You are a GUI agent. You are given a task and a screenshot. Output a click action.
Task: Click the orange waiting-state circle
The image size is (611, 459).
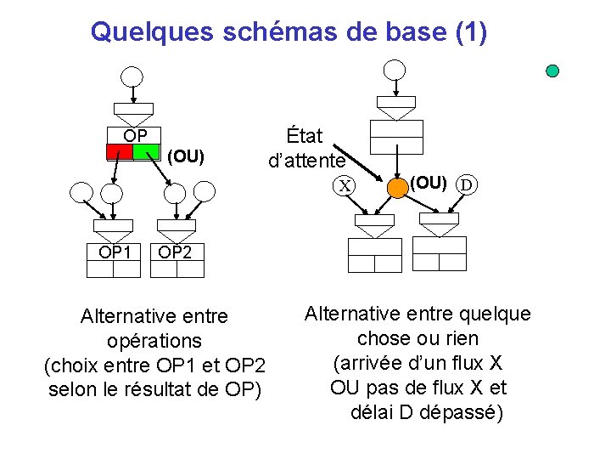(397, 186)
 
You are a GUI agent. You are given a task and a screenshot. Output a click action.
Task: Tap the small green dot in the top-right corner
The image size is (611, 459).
(552, 71)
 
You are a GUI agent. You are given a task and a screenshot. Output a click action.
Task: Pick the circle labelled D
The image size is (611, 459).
(466, 184)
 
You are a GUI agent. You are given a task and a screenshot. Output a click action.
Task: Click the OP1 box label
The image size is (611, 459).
(115, 252)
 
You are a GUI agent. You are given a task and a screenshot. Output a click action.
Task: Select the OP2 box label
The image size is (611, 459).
(175, 252)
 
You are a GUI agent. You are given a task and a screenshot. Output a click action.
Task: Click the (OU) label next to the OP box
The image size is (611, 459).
(186, 156)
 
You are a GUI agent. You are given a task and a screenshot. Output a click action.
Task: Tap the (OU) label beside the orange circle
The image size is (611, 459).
(429, 181)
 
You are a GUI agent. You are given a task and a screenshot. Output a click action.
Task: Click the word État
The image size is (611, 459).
(305, 135)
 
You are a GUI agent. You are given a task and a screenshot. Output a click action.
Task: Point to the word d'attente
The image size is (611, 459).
(306, 160)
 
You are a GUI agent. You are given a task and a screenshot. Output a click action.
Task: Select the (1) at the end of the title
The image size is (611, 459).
(471, 32)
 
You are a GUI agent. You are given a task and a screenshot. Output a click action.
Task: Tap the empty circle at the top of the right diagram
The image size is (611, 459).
(395, 70)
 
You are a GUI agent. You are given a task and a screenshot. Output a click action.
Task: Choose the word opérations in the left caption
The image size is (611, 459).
(154, 341)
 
